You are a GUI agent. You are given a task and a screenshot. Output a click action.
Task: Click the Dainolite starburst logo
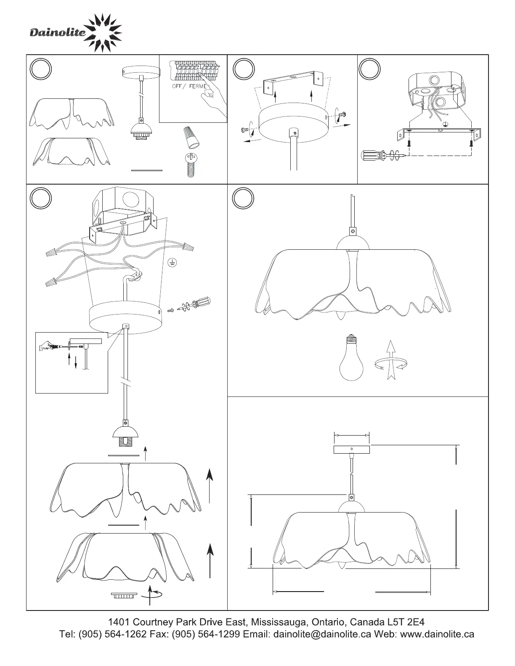tap(102, 33)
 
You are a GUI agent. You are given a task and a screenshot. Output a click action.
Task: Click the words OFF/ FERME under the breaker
tap(189, 86)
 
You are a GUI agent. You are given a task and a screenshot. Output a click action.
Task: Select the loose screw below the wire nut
tap(190, 166)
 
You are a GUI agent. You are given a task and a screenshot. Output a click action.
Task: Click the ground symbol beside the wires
tap(172, 263)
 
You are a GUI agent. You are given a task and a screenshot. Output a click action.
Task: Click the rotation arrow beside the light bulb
tap(391, 361)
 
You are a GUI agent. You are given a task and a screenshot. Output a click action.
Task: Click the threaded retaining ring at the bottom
tap(124, 595)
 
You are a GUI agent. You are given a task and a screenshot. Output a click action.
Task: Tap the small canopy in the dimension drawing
tap(351, 449)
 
